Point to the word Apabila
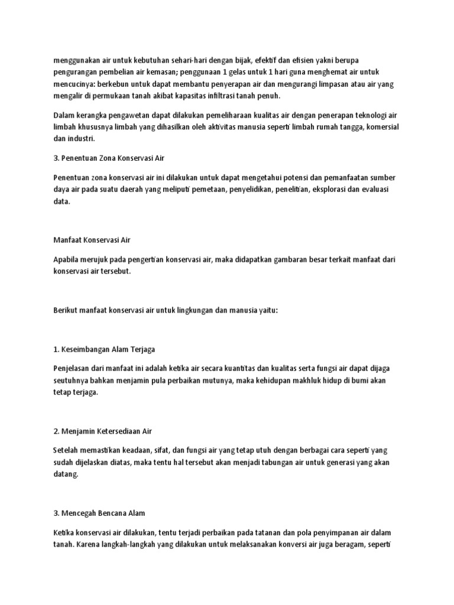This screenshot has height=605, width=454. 67,259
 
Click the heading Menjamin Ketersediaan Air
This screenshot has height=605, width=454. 103,431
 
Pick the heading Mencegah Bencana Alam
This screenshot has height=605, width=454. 99,513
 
